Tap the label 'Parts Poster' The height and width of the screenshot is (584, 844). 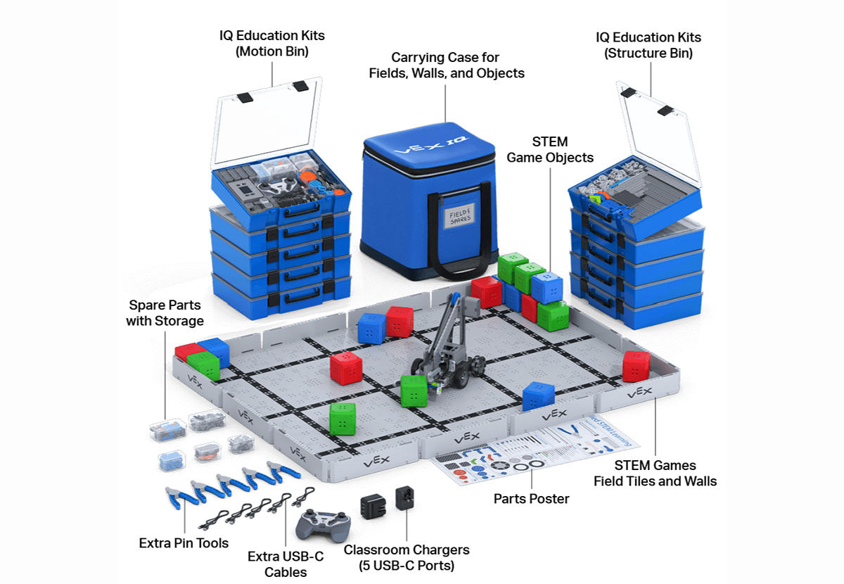tap(531, 499)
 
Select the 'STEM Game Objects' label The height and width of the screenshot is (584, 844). tap(550, 150)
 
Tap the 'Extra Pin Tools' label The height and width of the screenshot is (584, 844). tap(184, 542)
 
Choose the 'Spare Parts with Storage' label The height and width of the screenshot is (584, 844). tap(165, 313)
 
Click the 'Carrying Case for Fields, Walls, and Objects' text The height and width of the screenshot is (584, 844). tap(447, 65)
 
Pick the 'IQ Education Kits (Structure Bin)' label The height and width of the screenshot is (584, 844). tap(648, 45)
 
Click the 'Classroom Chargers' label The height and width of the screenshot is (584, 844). tap(407, 557)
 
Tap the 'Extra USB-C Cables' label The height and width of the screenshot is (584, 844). tap(286, 564)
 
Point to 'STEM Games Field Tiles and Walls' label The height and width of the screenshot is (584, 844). tap(655, 473)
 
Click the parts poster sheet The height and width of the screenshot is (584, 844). tap(535, 454)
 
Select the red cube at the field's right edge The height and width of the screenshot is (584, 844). tap(636, 366)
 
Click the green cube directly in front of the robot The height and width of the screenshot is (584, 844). tap(414, 391)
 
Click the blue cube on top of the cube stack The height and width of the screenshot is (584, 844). tap(546, 287)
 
